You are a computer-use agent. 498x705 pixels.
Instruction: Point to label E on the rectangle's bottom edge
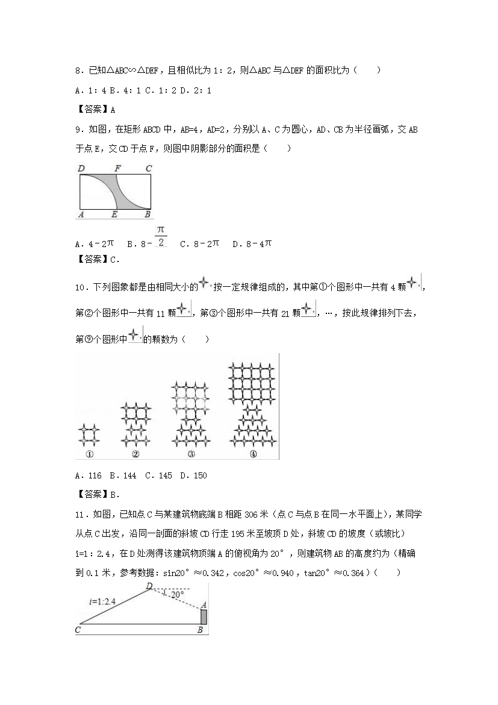114,214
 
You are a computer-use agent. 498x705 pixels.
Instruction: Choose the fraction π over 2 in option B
161,236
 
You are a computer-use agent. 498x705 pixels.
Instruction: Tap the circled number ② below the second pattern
135,454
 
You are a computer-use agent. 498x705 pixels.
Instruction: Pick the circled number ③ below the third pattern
191,454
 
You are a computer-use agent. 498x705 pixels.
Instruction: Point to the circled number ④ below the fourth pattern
253,454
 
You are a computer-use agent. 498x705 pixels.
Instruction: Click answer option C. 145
159,475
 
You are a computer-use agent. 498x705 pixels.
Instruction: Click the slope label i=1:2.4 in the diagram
104,600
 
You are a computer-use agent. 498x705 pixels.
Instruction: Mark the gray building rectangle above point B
204,617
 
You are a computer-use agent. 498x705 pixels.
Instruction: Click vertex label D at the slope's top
149,586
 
